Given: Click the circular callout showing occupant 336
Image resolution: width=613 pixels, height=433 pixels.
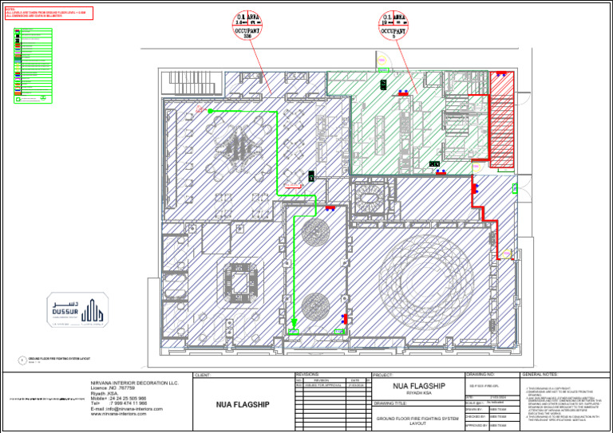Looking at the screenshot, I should [x=246, y=26].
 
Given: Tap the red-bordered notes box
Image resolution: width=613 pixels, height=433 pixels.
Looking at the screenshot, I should [x=48, y=13].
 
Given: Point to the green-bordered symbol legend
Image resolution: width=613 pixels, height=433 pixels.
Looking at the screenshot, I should [x=33, y=65].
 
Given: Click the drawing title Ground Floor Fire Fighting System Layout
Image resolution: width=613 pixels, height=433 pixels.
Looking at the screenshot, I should [x=417, y=420].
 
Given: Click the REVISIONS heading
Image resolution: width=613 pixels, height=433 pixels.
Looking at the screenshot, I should [x=307, y=374].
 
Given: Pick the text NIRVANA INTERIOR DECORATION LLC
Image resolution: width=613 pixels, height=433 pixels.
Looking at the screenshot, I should [x=135, y=383].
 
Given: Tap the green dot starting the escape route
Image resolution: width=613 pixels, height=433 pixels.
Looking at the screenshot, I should [x=211, y=112].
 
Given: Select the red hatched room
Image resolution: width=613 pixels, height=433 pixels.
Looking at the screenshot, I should [x=500, y=120].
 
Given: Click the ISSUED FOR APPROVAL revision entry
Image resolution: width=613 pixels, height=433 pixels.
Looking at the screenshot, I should [x=321, y=385].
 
